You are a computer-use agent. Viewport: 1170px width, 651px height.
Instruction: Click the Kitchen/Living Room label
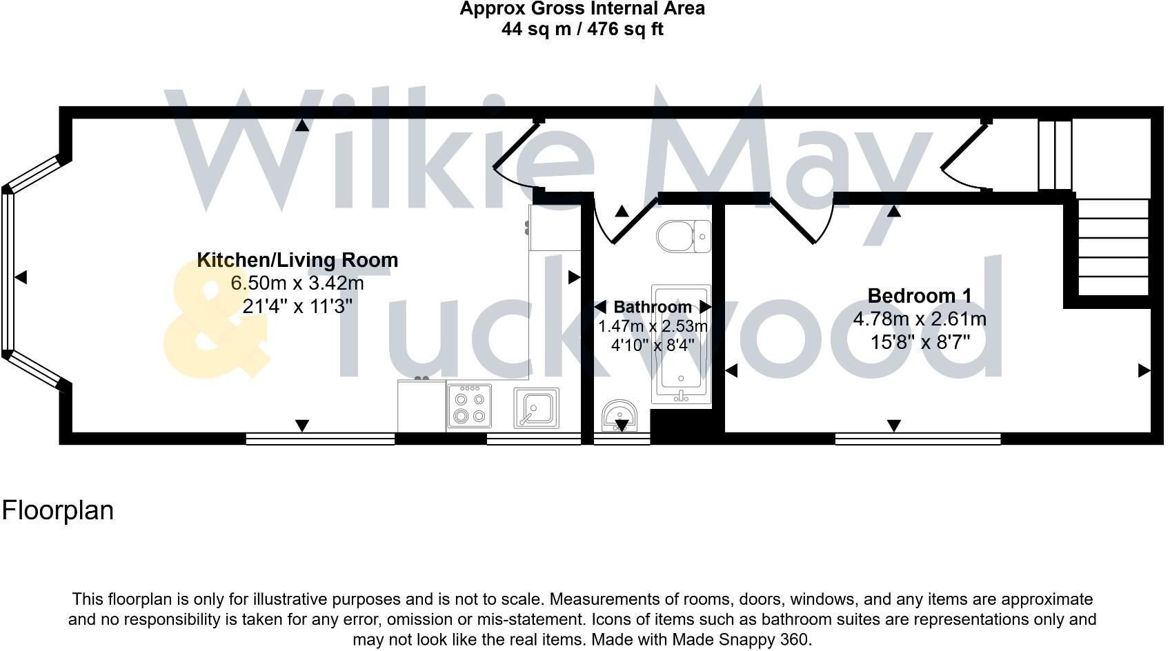pyautogui.click(x=297, y=260)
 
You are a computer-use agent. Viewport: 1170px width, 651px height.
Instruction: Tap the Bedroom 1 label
pyautogui.click(x=919, y=296)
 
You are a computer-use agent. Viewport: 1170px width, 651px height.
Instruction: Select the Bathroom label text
pyautogui.click(x=652, y=307)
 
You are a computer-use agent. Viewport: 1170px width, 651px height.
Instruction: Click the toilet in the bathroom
pyautogui.click(x=682, y=237)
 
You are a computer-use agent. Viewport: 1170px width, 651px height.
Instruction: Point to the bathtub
pyautogui.click(x=681, y=343)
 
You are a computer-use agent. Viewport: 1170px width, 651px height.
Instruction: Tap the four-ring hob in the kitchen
pyautogui.click(x=469, y=407)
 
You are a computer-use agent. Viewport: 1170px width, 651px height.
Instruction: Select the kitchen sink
pyautogui.click(x=536, y=408)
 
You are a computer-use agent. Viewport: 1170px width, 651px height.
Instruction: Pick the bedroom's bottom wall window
pyautogui.click(x=918, y=439)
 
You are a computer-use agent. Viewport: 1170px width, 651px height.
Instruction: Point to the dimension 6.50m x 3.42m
pyautogui.click(x=297, y=283)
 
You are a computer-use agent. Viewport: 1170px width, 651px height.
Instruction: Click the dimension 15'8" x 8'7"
pyautogui.click(x=920, y=342)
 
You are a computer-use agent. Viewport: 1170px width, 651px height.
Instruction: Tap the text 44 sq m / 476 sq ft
pyautogui.click(x=582, y=30)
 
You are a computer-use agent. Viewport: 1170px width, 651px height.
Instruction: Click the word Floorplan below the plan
pyautogui.click(x=58, y=510)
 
